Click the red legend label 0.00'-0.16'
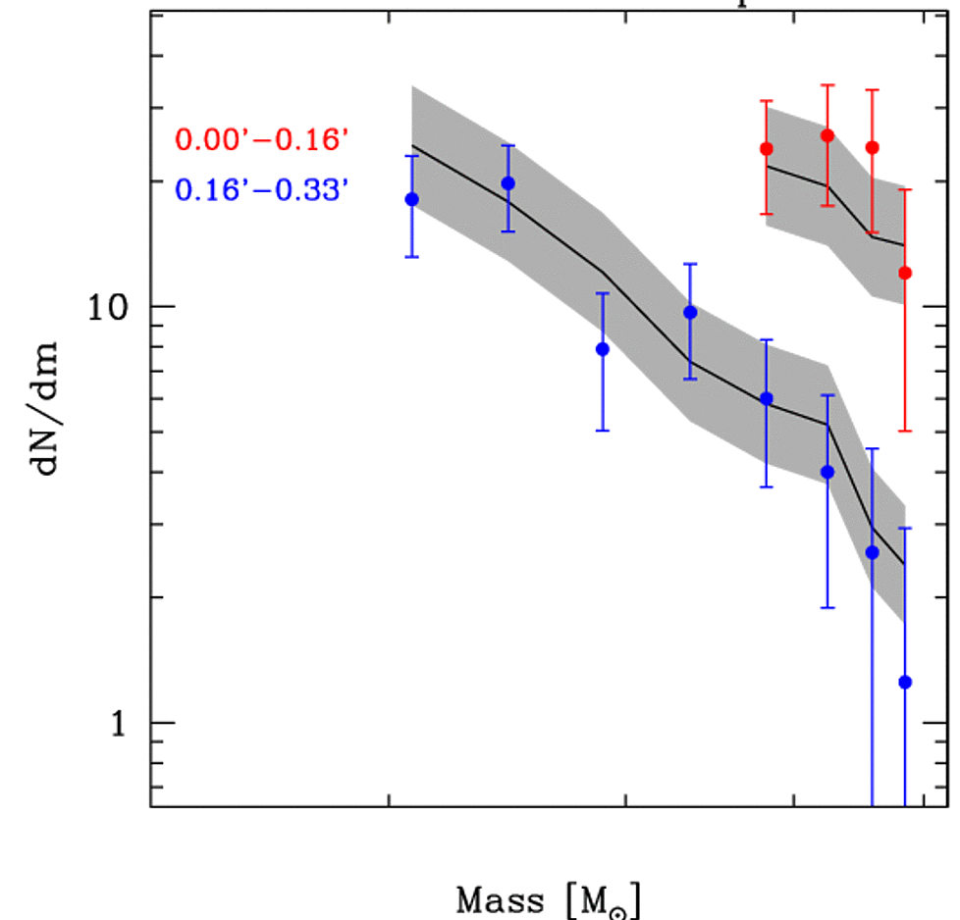point(261,140)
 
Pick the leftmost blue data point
point(412,199)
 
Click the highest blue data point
point(508,183)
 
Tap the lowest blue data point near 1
point(905,682)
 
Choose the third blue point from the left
point(603,349)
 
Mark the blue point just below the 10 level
point(690,312)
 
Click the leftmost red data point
point(767,149)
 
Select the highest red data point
point(827,135)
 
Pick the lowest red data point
point(905,273)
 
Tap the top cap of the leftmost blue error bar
point(412,156)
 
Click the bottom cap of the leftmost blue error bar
point(412,257)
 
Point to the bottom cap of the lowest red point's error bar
point(905,431)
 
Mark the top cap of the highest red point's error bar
point(827,85)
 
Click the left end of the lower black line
point(412,146)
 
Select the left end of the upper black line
point(767,166)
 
